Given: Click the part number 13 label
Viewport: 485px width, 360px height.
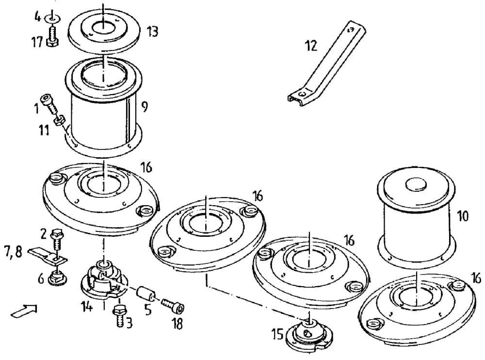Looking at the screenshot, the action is click(152, 32).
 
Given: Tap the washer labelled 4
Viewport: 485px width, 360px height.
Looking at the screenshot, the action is click(51, 18).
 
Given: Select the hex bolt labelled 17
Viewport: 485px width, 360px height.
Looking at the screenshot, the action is click(52, 36).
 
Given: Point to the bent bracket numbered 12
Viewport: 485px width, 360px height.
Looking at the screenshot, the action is click(326, 64).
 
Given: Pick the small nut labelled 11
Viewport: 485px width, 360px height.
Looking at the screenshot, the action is click(59, 120).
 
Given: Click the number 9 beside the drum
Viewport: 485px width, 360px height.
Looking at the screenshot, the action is click(145, 107).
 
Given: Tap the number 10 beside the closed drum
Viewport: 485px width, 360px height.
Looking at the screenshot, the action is click(463, 216).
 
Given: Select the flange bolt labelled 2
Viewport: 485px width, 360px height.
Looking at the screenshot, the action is click(57, 239).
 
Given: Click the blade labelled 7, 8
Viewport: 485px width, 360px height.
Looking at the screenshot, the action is click(48, 256).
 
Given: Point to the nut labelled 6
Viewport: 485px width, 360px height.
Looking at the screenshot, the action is click(58, 278).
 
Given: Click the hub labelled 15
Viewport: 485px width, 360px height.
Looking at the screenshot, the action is click(309, 334).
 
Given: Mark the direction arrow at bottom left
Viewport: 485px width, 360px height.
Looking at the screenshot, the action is click(25, 311).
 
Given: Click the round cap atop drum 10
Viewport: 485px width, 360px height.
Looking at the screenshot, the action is click(416, 184).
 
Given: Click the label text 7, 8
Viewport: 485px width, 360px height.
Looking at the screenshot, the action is click(13, 252).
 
